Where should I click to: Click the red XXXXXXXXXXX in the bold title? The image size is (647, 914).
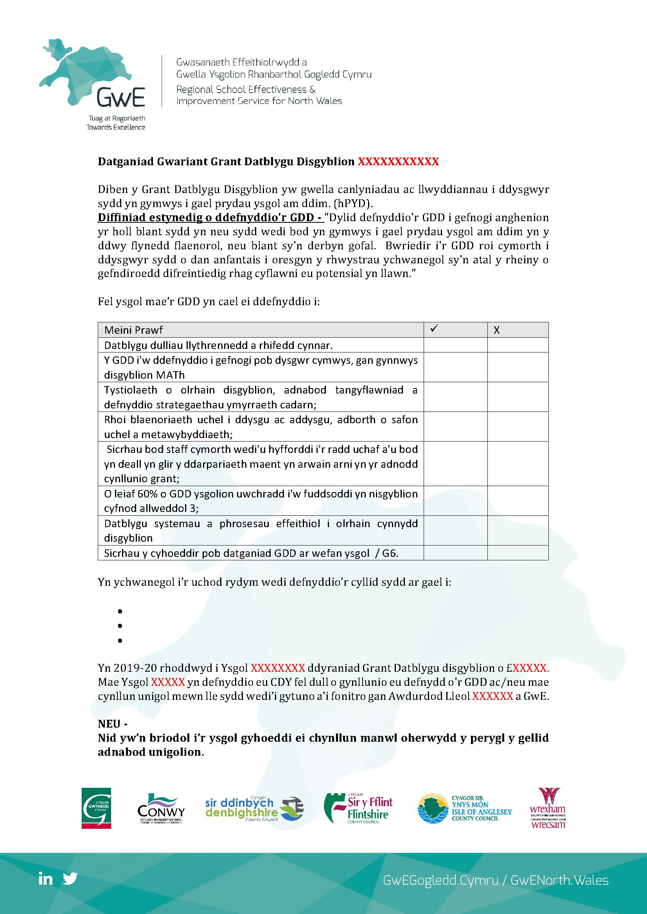[398, 162]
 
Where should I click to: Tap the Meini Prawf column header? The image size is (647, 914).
[133, 330]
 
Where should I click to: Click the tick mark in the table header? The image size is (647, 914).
[434, 328]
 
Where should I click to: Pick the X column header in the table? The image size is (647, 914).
[496, 330]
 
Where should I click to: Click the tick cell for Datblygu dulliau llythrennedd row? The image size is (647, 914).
[455, 345]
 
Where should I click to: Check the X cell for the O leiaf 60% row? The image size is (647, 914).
[518, 501]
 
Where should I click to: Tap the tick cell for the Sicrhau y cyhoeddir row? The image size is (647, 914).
[455, 553]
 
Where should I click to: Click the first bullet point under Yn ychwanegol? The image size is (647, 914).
[120, 611]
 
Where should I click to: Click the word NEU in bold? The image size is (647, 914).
[109, 724]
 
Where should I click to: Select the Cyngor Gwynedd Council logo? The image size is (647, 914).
[96, 808]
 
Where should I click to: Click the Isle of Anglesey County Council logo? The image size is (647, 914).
[465, 808]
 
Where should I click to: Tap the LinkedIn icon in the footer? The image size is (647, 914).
[45, 878]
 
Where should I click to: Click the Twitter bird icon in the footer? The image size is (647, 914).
[70, 878]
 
